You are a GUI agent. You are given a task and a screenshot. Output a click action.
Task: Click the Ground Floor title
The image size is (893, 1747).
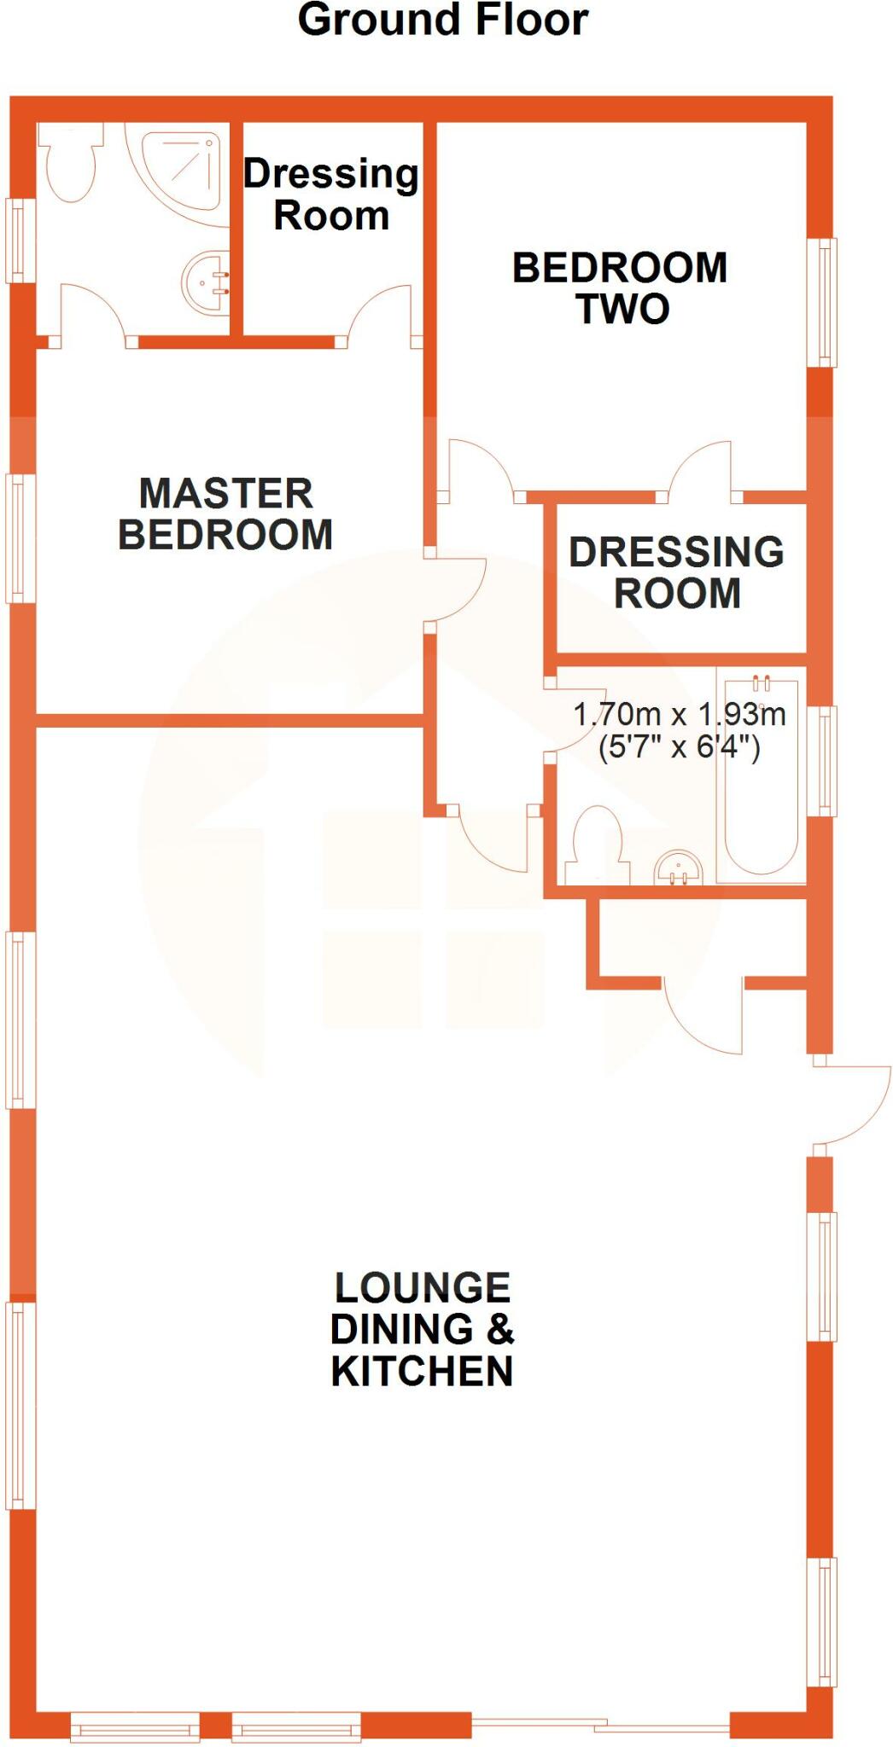click(442, 20)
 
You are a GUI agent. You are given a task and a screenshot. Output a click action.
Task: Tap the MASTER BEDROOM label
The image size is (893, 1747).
click(225, 514)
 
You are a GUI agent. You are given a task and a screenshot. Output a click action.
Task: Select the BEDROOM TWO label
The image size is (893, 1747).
click(620, 288)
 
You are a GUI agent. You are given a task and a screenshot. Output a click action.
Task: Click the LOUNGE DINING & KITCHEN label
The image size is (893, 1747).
click(423, 1329)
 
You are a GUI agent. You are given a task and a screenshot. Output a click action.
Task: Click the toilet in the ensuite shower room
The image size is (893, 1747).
click(68, 166)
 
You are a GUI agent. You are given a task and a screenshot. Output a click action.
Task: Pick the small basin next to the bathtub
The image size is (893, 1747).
click(679, 868)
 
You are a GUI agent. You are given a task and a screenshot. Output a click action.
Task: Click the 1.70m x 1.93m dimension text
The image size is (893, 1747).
click(679, 714)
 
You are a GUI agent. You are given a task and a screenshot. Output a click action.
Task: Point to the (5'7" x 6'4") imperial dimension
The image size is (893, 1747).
click(679, 748)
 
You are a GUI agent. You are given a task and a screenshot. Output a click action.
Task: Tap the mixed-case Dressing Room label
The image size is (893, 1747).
click(331, 194)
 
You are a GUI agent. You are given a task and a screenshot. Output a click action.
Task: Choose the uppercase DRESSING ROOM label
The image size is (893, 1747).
click(677, 572)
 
